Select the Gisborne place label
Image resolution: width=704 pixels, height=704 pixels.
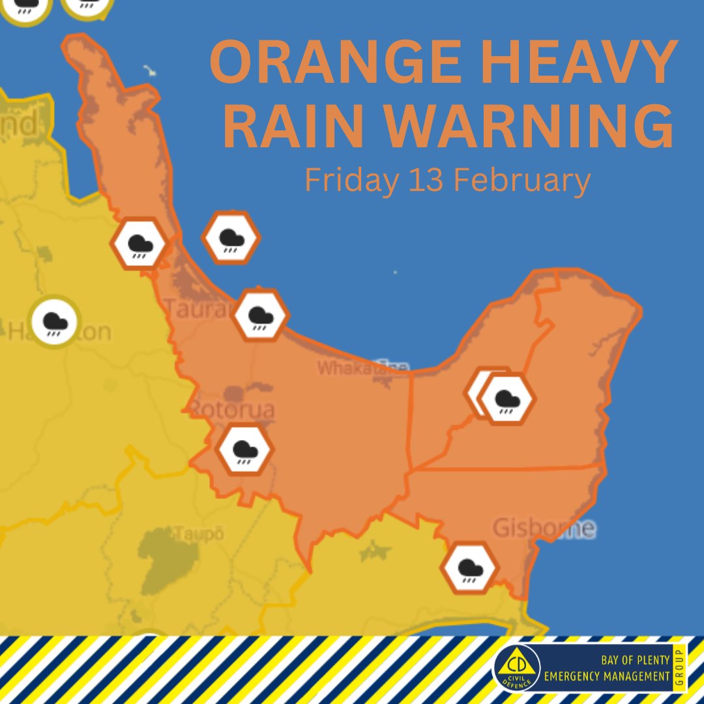(x=544, y=527)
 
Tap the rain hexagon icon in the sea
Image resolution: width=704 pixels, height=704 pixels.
(x=231, y=238)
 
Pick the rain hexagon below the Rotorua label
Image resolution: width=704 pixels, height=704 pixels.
(x=244, y=450)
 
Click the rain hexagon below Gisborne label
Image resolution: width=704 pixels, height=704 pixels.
(x=469, y=568)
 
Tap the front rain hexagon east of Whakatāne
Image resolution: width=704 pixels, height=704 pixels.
(x=506, y=398)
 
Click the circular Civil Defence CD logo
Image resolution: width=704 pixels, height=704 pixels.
(x=516, y=668)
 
